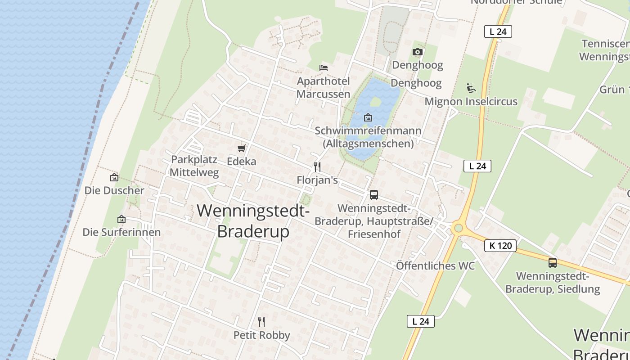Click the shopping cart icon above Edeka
[242, 148]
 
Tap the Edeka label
[242, 162]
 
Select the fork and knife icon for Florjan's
[317, 167]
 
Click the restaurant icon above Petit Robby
[261, 321]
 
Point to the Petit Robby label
[261, 335]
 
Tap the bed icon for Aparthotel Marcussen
[324, 68]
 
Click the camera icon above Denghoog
[418, 52]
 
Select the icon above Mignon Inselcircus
[471, 88]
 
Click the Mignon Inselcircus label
[471, 102]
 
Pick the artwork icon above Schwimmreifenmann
[368, 117]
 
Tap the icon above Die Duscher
[114, 177]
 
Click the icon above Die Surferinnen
[121, 219]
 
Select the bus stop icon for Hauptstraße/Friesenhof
[374, 195]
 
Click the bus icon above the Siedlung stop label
[553, 263]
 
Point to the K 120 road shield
[500, 246]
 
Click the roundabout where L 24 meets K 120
[458, 228]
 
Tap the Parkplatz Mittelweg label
[194, 166]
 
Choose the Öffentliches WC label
[435, 266]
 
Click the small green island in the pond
[375, 102]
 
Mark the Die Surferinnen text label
[121, 232]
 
